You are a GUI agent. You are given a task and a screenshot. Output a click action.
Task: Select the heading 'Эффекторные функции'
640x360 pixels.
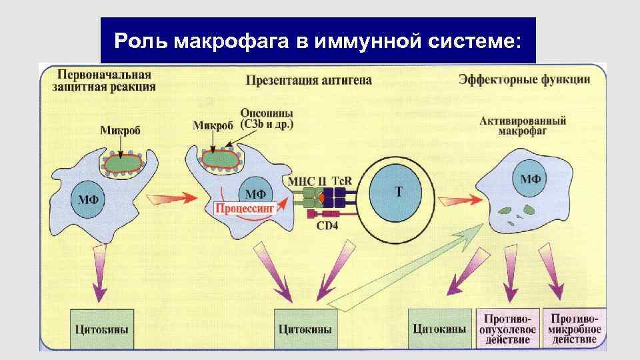coord(524,80)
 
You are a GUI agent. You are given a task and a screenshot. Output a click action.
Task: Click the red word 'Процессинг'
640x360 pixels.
coord(245,209)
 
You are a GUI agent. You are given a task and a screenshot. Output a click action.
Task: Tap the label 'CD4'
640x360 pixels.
coord(327,227)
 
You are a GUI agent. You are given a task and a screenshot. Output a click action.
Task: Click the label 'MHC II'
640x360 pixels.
coord(309,181)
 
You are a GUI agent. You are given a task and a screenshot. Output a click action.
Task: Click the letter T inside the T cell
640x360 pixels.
coord(399,191)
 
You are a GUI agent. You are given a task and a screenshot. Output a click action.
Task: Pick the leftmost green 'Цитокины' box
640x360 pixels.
coord(101,329)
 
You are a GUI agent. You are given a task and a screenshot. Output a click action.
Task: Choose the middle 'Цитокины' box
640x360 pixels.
coord(305,329)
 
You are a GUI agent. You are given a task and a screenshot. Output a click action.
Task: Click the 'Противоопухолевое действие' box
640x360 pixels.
coord(508,329)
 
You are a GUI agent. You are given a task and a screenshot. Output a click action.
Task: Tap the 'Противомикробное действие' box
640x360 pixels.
coord(574,329)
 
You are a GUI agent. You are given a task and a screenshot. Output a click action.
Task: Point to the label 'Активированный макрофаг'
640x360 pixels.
coord(523,125)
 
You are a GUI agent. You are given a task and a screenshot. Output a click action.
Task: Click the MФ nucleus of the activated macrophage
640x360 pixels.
coord(531,179)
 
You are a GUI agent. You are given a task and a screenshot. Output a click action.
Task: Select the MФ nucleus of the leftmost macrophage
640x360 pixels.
coord(89,199)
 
